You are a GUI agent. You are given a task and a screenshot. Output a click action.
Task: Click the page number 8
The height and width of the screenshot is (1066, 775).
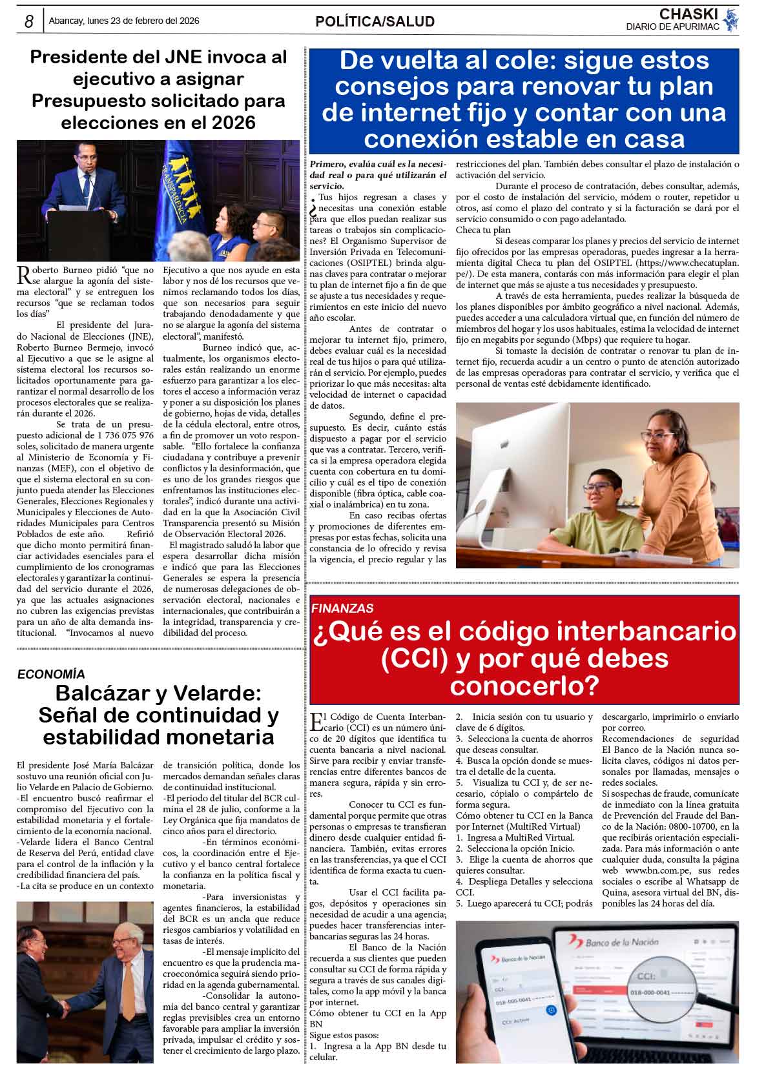tap(29, 21)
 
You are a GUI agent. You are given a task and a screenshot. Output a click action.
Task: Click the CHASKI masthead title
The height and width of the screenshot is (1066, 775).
tap(688, 14)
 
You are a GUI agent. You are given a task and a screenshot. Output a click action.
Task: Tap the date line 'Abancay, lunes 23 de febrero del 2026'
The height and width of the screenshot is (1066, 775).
tap(123, 21)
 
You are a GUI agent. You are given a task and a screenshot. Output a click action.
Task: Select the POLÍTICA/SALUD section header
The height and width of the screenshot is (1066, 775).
tap(375, 21)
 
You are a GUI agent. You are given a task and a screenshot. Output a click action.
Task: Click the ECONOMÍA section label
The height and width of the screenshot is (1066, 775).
tap(51, 674)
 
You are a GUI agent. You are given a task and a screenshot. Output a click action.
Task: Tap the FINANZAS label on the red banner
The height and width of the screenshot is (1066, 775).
tap(342, 608)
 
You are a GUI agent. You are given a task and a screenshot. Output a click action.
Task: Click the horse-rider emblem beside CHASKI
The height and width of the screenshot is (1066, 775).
tap(730, 21)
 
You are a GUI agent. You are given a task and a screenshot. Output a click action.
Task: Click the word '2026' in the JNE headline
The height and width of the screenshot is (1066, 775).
tap(230, 123)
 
